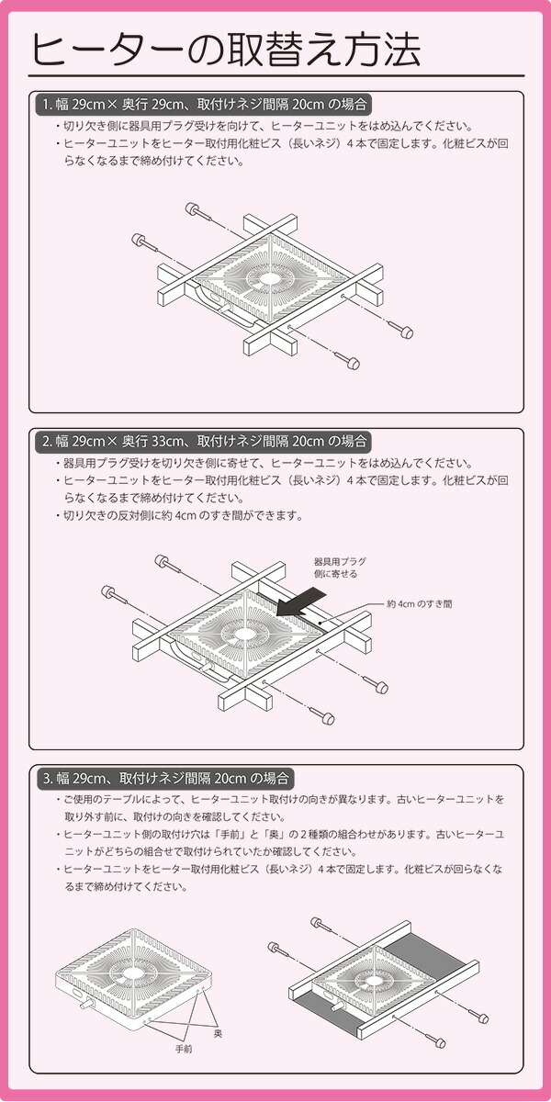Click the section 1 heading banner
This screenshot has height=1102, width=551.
(x=208, y=103)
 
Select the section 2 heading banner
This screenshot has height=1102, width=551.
(x=208, y=441)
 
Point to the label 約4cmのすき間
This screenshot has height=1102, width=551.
(x=419, y=604)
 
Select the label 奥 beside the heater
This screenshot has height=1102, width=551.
(x=218, y=1034)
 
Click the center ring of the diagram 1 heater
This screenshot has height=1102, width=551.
(x=272, y=276)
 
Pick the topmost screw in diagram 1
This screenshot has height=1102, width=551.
(x=195, y=208)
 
